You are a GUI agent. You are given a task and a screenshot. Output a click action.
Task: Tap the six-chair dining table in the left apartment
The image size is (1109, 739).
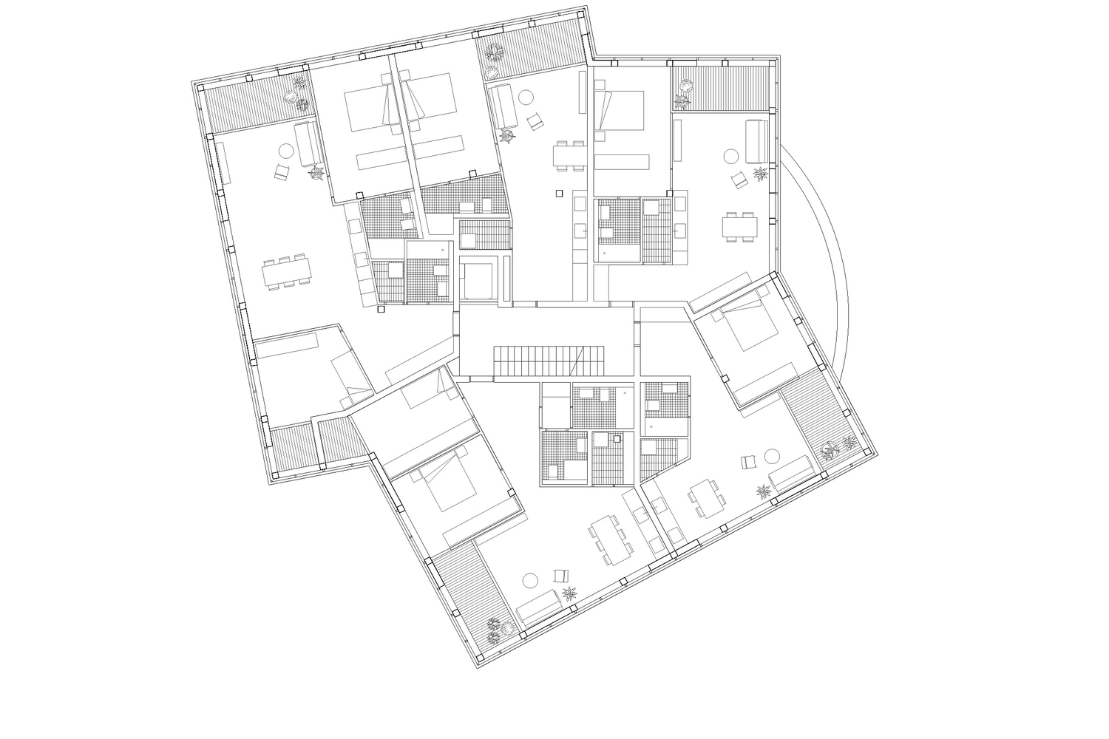[288, 271]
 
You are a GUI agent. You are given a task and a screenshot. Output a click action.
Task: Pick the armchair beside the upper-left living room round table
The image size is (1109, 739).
[282, 171]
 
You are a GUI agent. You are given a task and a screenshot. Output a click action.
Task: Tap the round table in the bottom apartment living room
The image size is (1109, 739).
[530, 580]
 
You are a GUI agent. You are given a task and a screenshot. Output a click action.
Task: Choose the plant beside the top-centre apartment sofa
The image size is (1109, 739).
[508, 135]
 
